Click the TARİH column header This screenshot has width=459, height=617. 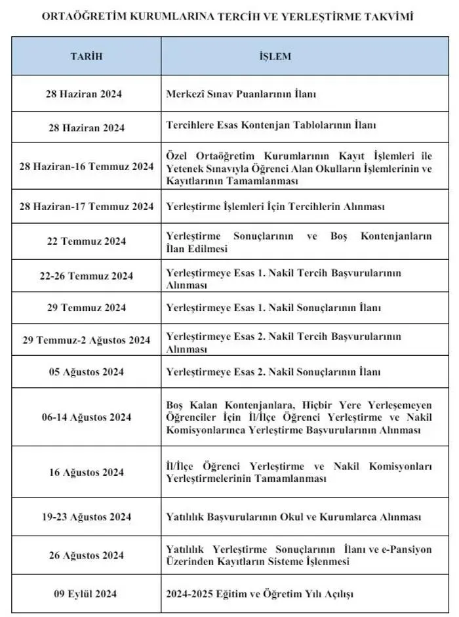coord(87,56)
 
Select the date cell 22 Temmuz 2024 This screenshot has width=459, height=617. coord(87,241)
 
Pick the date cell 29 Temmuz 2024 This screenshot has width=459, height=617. coord(87,307)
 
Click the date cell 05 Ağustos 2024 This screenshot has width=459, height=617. coord(86,372)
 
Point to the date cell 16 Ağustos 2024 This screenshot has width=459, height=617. coord(86,472)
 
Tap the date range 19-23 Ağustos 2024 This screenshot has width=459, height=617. coord(86,517)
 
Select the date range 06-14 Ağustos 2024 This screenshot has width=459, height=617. coord(86,417)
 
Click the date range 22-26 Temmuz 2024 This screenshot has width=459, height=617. coord(86,276)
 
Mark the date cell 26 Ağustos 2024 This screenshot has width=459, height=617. coord(86,555)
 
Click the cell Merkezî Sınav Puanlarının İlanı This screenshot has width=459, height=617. coord(241,94)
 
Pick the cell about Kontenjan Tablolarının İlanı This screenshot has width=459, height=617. coord(271,125)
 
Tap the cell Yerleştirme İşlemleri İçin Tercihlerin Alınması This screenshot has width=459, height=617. coord(284,206)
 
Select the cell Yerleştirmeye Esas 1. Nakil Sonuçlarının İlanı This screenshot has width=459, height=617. coord(273,307)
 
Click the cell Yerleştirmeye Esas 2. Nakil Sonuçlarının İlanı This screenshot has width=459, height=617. coord(273,372)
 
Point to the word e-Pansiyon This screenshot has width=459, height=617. coord(407,549)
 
